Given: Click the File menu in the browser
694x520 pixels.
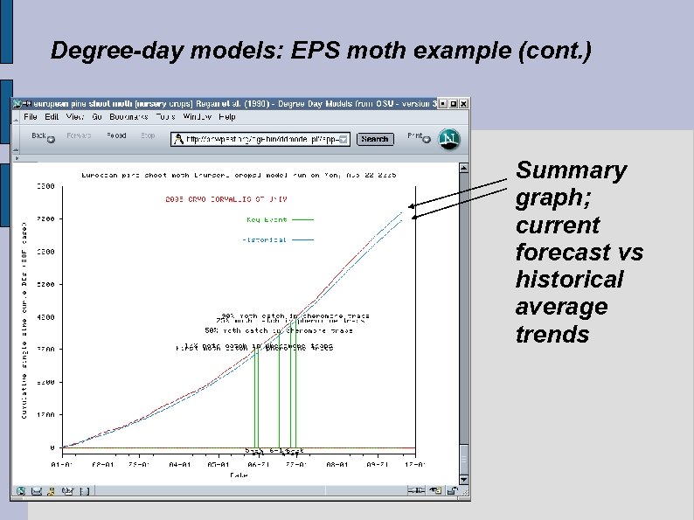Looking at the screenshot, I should (31, 116).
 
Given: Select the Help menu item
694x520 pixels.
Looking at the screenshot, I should (227, 116).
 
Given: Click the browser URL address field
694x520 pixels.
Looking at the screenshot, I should (262, 139).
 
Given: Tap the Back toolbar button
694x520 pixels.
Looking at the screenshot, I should (39, 136).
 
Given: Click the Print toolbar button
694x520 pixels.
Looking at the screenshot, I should (415, 136).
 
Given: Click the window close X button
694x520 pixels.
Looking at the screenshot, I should (464, 103).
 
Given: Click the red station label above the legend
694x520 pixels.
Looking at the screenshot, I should (214, 198).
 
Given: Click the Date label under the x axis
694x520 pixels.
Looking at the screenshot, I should (238, 476).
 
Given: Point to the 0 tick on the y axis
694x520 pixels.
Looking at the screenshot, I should (52, 447).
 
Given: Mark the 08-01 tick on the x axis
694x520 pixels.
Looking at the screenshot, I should (337, 466).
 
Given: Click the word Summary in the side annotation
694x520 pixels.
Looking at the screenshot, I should (571, 170).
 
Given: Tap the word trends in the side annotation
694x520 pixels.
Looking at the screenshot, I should (552, 335).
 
